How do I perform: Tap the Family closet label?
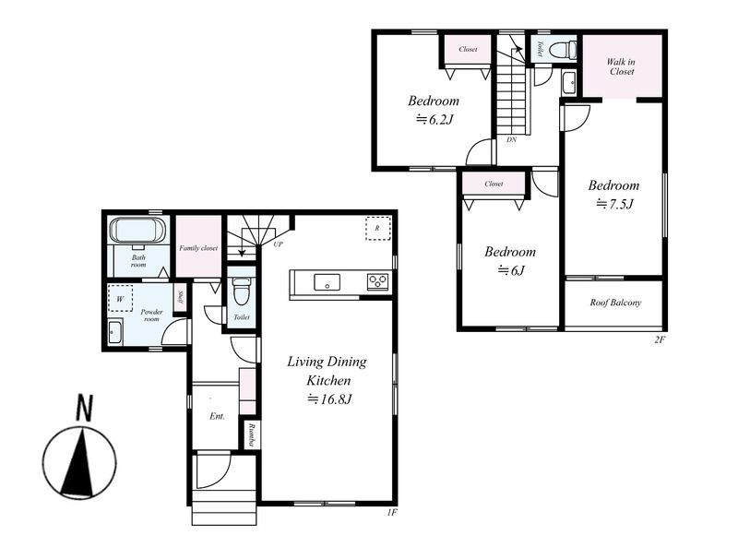(x=198, y=248)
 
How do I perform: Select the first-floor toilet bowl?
(x=242, y=291)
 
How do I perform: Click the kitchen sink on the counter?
(x=327, y=282)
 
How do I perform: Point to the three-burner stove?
(x=378, y=281)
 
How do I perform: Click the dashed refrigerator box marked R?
(x=377, y=228)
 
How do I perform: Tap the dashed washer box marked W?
(x=120, y=298)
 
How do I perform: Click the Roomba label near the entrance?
(x=252, y=434)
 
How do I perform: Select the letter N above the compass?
(x=85, y=408)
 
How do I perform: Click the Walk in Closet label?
(x=621, y=66)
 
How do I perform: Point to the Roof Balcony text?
(x=615, y=303)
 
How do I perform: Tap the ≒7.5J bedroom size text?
(x=614, y=204)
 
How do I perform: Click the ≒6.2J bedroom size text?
(x=434, y=120)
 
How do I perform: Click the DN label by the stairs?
(x=512, y=140)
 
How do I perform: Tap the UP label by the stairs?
(x=279, y=244)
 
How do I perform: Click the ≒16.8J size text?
(x=329, y=399)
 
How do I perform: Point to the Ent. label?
(x=217, y=416)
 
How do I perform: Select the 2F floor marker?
(x=659, y=339)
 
